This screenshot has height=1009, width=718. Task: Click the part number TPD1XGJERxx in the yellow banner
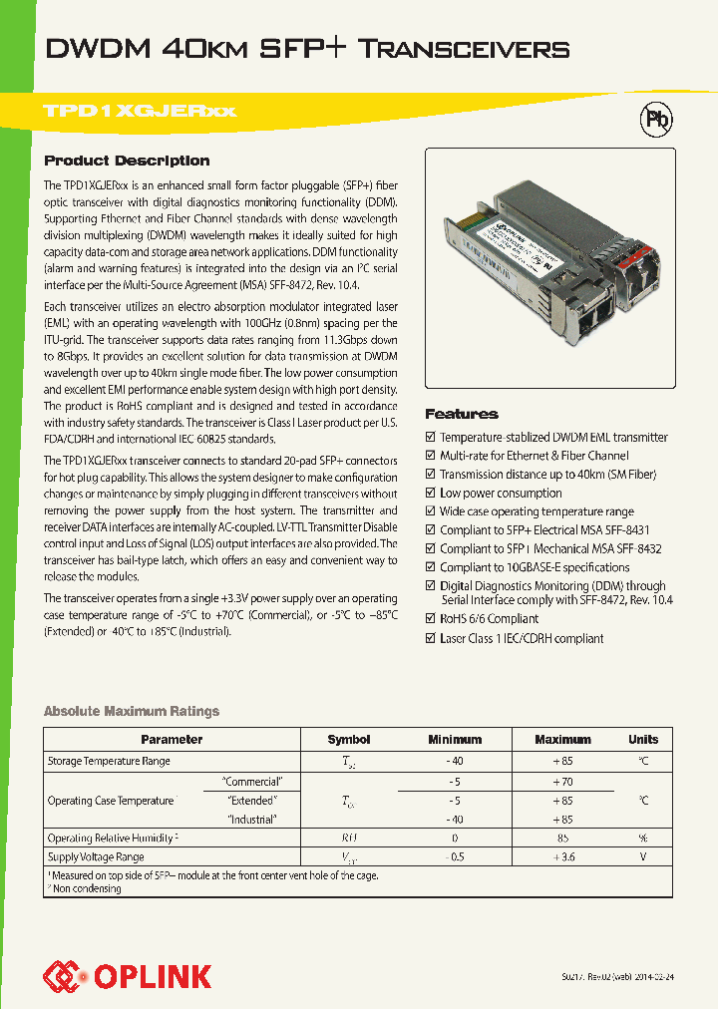pyautogui.click(x=140, y=111)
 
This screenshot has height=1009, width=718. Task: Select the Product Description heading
pyautogui.click(x=127, y=161)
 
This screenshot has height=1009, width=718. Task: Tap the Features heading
pyautogui.click(x=461, y=414)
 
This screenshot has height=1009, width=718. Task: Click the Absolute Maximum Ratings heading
pyautogui.click(x=131, y=711)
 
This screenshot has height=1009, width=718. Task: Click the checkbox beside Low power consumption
pyautogui.click(x=430, y=493)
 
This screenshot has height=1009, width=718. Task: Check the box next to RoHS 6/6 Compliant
pyautogui.click(x=430, y=619)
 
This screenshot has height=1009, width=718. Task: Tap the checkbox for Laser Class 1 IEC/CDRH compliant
pyautogui.click(x=430, y=638)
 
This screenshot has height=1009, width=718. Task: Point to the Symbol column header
pyautogui.click(x=349, y=740)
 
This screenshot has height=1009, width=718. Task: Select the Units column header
pyautogui.click(x=643, y=740)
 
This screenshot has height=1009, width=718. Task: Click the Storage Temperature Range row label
pyautogui.click(x=109, y=761)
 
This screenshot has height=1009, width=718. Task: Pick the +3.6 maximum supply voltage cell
pyautogui.click(x=562, y=856)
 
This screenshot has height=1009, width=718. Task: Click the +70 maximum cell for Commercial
pyautogui.click(x=562, y=782)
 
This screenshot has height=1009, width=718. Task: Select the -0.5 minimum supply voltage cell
pyautogui.click(x=455, y=856)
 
